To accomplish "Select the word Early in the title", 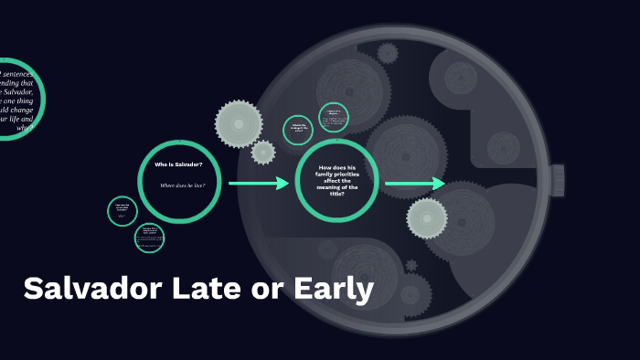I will tap(334, 290).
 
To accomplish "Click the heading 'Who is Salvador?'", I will tap(179, 164).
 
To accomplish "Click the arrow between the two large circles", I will tap(259, 184).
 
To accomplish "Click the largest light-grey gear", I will tap(239, 122).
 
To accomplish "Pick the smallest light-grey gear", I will tap(263, 152).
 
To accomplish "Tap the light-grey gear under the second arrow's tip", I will tap(427, 217).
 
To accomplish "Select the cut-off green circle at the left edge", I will tap(18, 99).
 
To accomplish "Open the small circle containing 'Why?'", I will tap(123, 211).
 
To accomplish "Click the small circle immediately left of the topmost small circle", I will tap(299, 130).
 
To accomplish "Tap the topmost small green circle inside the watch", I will tap(334, 117).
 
